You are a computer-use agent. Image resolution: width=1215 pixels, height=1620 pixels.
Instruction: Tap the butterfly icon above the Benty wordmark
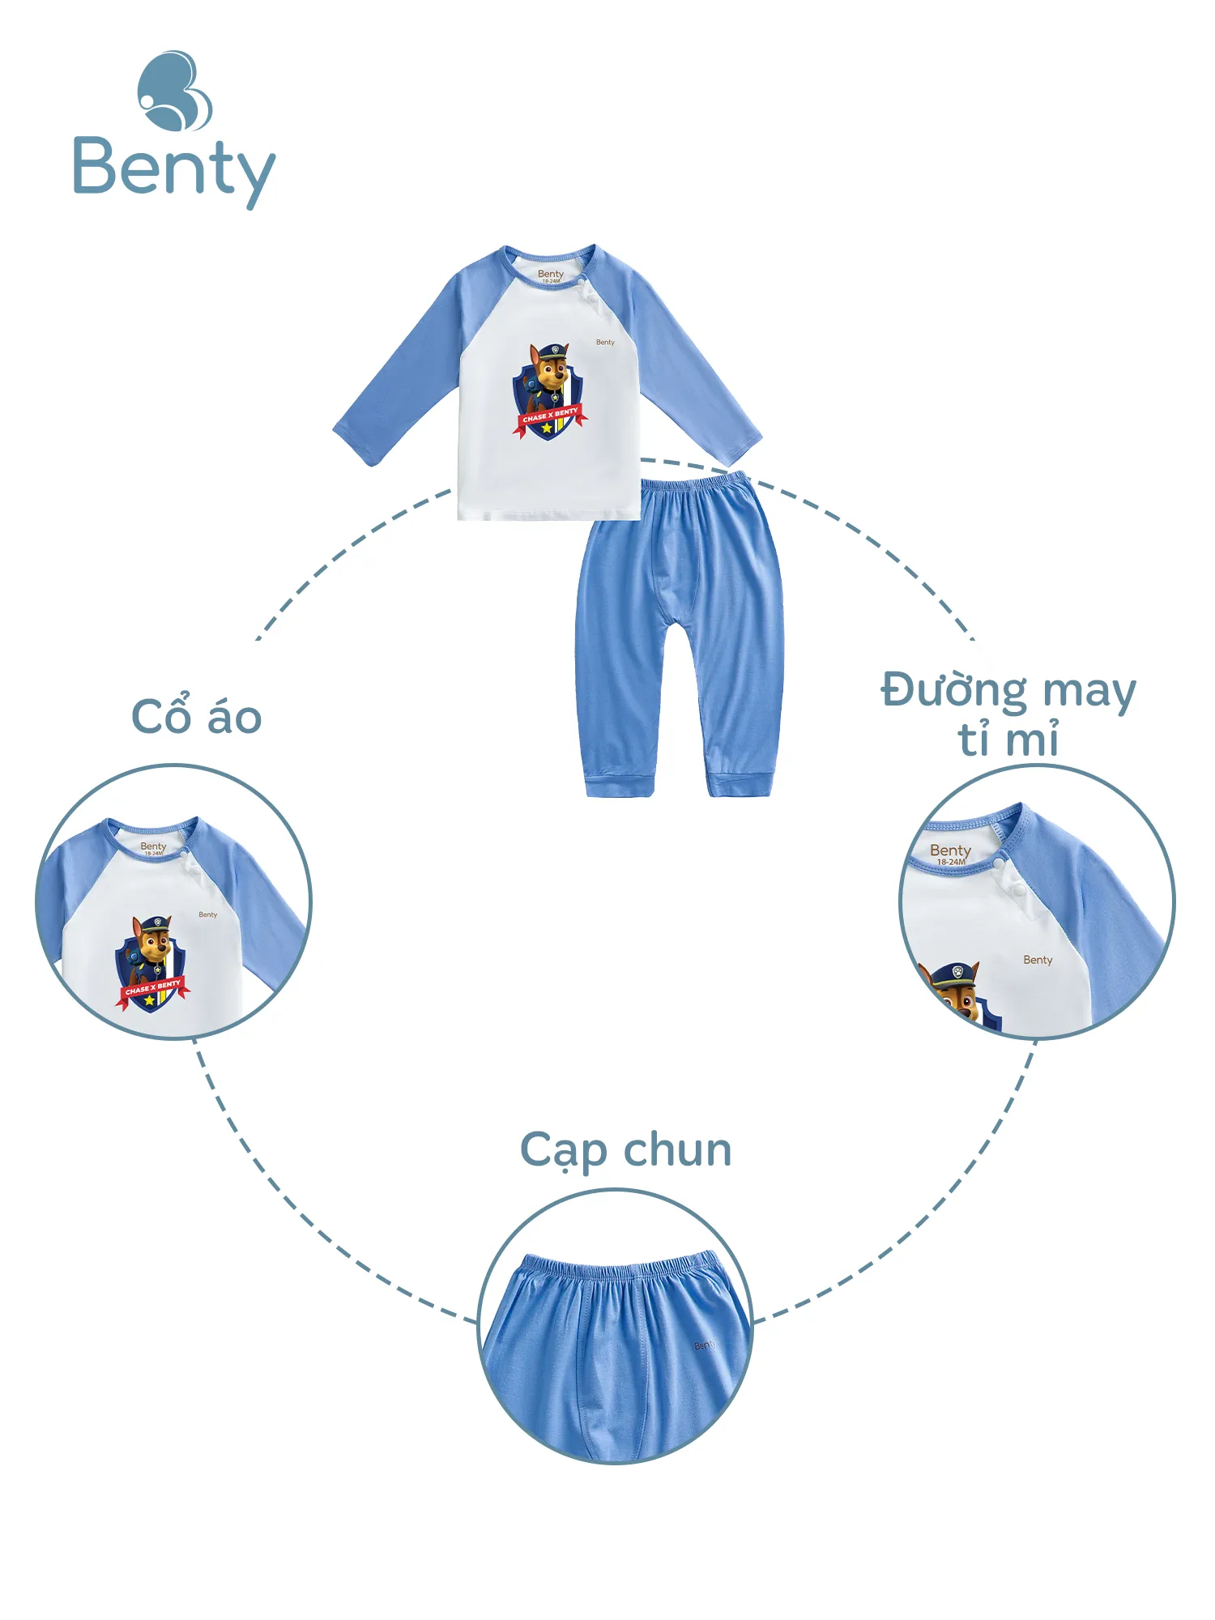click(x=174, y=91)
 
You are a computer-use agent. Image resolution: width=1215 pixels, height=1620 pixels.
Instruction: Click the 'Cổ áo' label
click(x=197, y=717)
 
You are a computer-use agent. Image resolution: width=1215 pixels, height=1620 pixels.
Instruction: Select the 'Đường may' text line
click(x=1008, y=691)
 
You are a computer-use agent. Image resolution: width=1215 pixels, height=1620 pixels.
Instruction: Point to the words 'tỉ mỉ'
click(x=1008, y=740)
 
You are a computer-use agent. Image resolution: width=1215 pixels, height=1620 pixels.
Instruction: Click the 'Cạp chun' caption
click(x=625, y=1150)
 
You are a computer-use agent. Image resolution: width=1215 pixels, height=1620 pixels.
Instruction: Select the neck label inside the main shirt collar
click(x=551, y=275)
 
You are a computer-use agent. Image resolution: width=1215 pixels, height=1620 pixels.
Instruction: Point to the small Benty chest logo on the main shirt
click(x=605, y=343)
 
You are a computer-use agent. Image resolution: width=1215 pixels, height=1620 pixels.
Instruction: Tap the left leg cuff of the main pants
click(x=620, y=784)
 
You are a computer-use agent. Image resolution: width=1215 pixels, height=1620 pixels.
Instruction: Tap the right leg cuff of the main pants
click(x=739, y=783)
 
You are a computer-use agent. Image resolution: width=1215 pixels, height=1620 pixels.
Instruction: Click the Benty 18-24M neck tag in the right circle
click(x=950, y=853)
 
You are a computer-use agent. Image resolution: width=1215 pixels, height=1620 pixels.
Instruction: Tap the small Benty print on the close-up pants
click(x=704, y=1345)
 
